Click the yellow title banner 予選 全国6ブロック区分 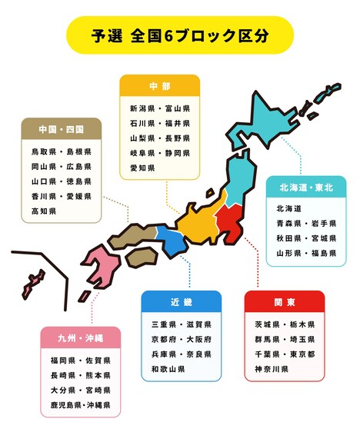180,35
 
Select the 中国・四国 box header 62,128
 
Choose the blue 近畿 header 182,301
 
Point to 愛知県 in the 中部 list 142,168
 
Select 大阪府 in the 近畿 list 199,339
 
